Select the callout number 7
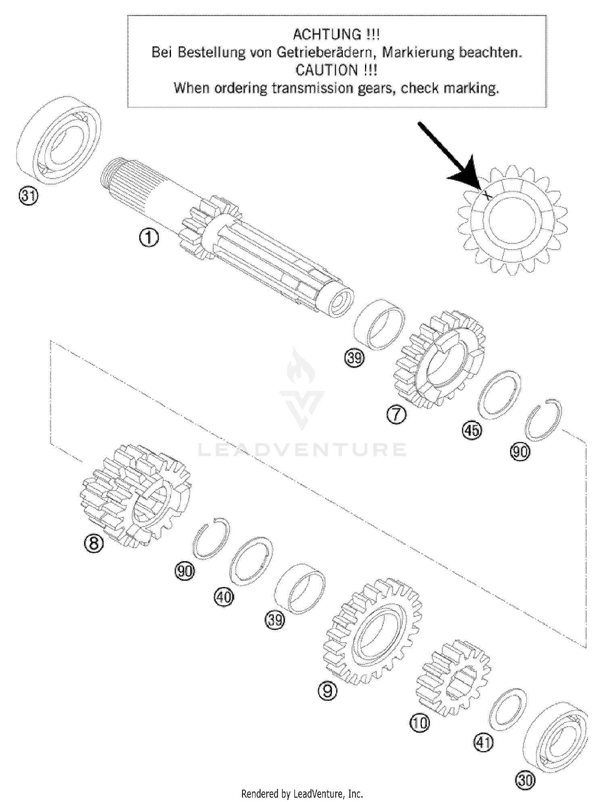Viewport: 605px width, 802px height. (396, 414)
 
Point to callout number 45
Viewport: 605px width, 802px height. (471, 430)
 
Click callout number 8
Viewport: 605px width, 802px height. (94, 543)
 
